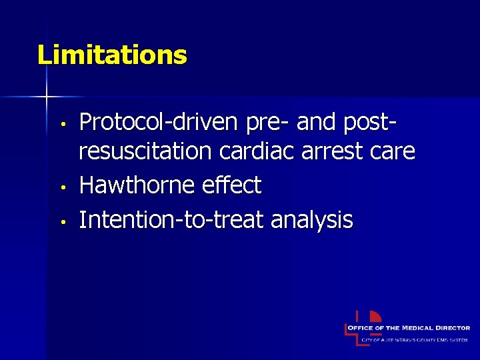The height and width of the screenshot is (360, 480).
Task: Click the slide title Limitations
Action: coord(112,55)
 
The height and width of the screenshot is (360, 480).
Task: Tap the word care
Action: coord(394,152)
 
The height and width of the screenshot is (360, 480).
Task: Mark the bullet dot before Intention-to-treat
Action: coord(61,221)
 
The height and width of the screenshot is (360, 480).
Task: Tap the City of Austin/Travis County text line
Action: coord(415,340)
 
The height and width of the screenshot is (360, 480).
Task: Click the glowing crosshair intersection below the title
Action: coord(47,97)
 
